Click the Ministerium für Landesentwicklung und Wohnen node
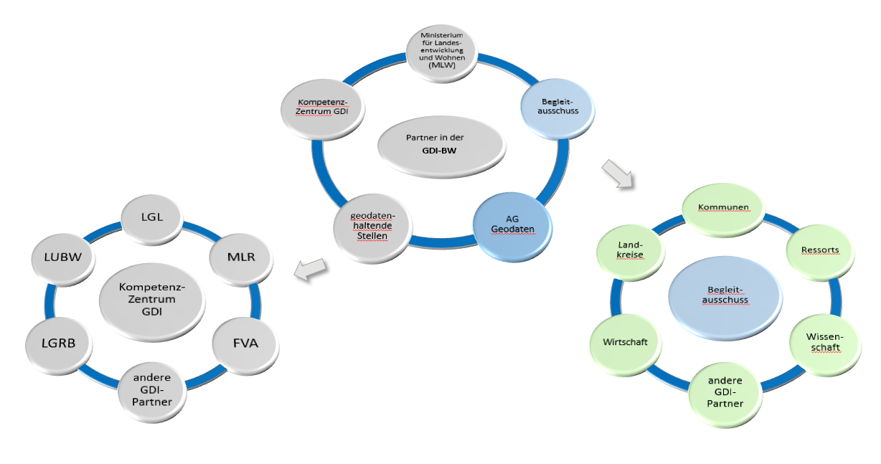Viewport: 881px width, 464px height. [441, 49]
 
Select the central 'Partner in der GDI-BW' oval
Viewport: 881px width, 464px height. [437, 144]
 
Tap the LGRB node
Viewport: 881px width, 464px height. [59, 342]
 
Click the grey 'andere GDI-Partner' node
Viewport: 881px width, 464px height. [152, 392]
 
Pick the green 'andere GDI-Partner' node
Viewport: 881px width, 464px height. [725, 392]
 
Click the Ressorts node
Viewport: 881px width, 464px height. [820, 250]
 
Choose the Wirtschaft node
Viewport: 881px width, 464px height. [626, 342]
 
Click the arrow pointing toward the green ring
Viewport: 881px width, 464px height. [618, 173]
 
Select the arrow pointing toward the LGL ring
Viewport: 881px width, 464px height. [309, 270]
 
